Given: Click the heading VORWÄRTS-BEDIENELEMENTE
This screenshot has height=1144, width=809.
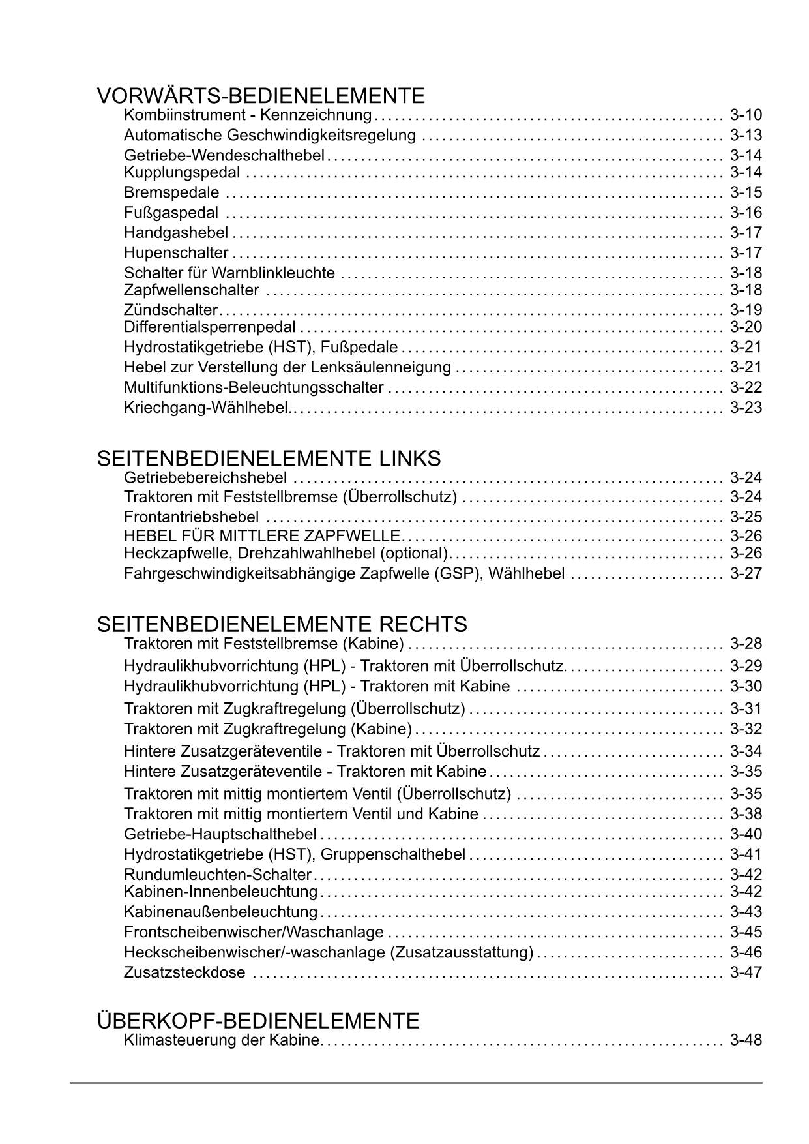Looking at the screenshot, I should coord(261,96).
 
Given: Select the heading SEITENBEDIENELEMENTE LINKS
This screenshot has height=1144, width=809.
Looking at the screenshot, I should coord(269,459).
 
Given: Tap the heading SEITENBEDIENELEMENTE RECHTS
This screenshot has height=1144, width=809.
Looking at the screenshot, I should coord(282,624).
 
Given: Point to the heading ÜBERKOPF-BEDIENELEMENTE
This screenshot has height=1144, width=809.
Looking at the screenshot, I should coord(258,1021).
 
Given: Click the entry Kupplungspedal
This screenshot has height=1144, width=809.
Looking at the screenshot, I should coord(182,173).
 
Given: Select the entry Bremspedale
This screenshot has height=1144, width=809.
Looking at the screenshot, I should coord(171,193).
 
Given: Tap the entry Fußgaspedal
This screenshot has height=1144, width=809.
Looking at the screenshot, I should coord(171,213).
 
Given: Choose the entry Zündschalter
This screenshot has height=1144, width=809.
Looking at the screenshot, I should coord(171,310).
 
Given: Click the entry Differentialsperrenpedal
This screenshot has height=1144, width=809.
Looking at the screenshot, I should coord(210,327).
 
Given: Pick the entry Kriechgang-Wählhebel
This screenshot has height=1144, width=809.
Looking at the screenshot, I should coord(206,408).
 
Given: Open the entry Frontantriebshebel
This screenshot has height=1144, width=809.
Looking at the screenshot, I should coord(191,518).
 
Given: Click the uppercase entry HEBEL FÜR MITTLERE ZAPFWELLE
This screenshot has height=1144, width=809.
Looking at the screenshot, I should coord(262,536).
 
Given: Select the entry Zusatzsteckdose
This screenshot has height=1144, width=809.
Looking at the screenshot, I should coord(184,972).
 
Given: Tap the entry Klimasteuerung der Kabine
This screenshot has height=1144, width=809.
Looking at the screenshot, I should coord(222,1040).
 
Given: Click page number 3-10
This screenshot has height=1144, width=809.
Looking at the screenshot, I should coord(746,115).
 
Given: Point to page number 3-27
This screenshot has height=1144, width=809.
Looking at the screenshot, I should coord(746,574).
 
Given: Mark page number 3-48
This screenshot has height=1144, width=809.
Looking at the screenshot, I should coord(746,1040).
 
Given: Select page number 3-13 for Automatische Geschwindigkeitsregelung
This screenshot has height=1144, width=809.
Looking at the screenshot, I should coord(746,136).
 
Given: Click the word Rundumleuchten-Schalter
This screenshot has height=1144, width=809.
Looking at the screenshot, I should coord(218,875).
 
